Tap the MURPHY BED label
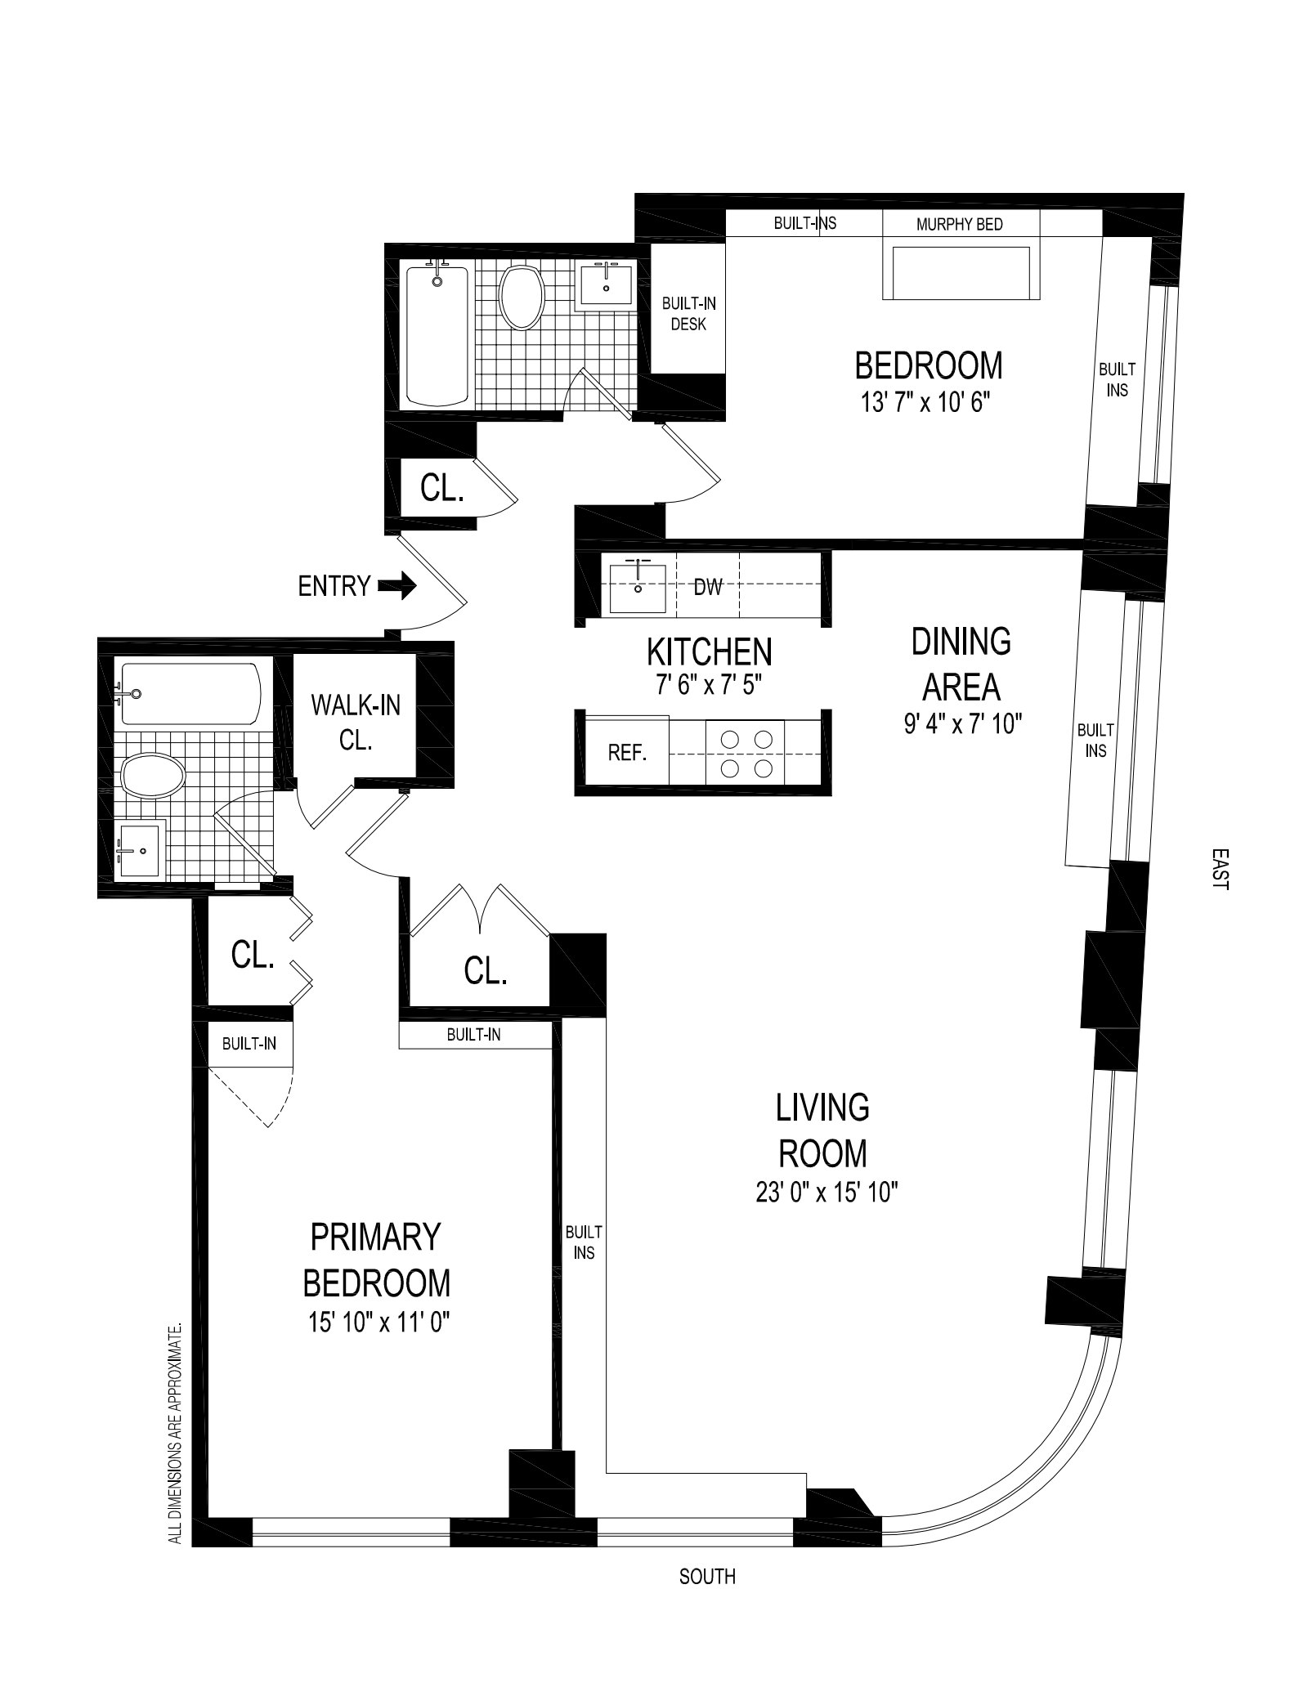(959, 224)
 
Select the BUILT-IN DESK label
(688, 314)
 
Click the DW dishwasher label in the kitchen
(708, 586)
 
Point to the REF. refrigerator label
(627, 753)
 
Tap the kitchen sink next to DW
(638, 587)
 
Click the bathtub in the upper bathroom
(437, 335)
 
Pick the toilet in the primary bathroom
(152, 775)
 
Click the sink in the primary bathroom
(140, 850)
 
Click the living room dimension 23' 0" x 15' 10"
(826, 1193)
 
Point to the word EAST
(1220, 868)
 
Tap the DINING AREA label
(961, 664)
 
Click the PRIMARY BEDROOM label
(376, 1260)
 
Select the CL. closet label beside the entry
(442, 488)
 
